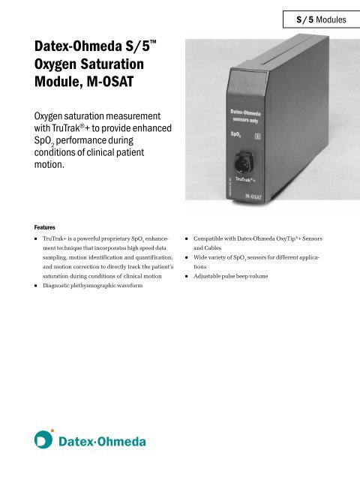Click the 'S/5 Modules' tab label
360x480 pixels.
tap(316, 17)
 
